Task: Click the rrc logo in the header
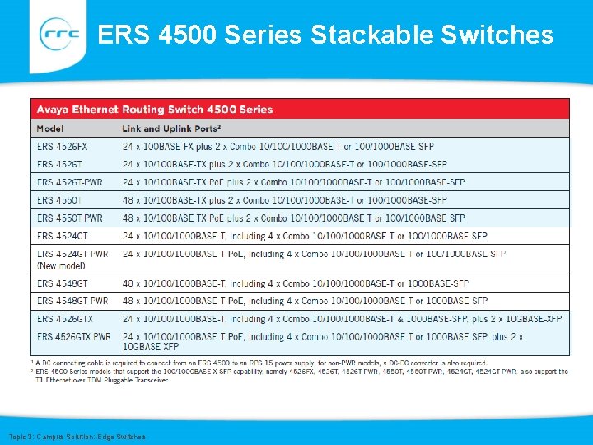pyautogui.click(x=60, y=35)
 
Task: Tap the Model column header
pyautogui.click(x=50, y=128)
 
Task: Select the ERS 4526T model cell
pyautogui.click(x=59, y=164)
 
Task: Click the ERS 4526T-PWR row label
pyautogui.click(x=70, y=182)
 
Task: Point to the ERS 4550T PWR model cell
pyautogui.click(x=70, y=218)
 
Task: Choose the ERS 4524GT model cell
pyautogui.click(x=63, y=236)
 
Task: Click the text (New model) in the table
pyautogui.click(x=61, y=265)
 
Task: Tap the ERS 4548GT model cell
pyautogui.click(x=63, y=283)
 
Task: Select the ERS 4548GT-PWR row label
pyautogui.click(x=72, y=301)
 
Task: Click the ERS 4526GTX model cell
pyautogui.click(x=65, y=318)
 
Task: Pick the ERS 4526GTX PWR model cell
pyautogui.click(x=74, y=336)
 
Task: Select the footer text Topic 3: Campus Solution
pyautogui.click(x=77, y=436)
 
